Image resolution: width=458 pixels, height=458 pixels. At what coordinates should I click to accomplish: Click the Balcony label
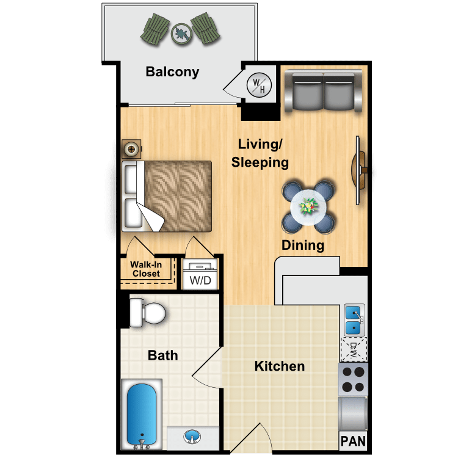click(172, 72)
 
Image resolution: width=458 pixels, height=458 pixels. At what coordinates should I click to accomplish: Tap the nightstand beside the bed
click(131, 148)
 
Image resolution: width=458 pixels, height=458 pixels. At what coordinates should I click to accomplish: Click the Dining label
click(302, 246)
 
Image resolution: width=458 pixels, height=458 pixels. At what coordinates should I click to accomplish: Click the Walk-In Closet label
click(146, 269)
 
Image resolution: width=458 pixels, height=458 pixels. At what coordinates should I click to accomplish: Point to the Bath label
click(163, 355)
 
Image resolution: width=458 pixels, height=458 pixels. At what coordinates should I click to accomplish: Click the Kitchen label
click(280, 366)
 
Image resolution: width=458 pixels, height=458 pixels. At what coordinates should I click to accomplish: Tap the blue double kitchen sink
click(353, 320)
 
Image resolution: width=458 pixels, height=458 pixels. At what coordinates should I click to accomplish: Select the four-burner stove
click(353, 379)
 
